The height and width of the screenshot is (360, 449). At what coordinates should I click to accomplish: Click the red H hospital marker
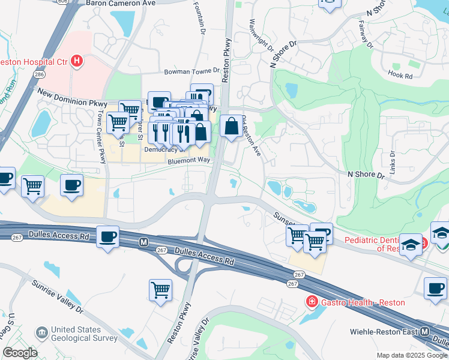(76, 61)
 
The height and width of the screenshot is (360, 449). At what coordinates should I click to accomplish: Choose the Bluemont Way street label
(189, 161)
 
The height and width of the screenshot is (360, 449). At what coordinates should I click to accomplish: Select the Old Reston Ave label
(252, 136)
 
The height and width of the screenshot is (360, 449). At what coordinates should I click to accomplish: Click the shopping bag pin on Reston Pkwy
(231, 127)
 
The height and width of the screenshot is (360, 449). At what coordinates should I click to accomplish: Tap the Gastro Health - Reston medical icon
(312, 301)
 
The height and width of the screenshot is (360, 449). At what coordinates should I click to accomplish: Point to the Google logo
(20, 353)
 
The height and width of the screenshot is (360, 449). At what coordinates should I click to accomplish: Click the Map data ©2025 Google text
(411, 355)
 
